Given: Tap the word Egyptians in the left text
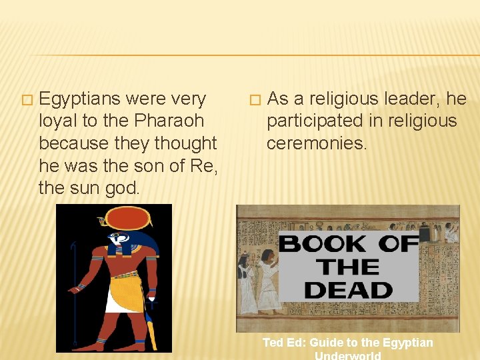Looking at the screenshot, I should point(81,99).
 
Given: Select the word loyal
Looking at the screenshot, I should point(57,121).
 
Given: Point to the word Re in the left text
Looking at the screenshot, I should point(202,166).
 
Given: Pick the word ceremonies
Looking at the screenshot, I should point(317,143).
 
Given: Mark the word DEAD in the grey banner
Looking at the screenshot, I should point(349,290).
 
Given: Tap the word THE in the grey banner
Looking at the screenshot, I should point(349,267).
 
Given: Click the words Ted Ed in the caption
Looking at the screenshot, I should point(284,343).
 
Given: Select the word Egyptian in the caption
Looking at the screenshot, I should point(407,343).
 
